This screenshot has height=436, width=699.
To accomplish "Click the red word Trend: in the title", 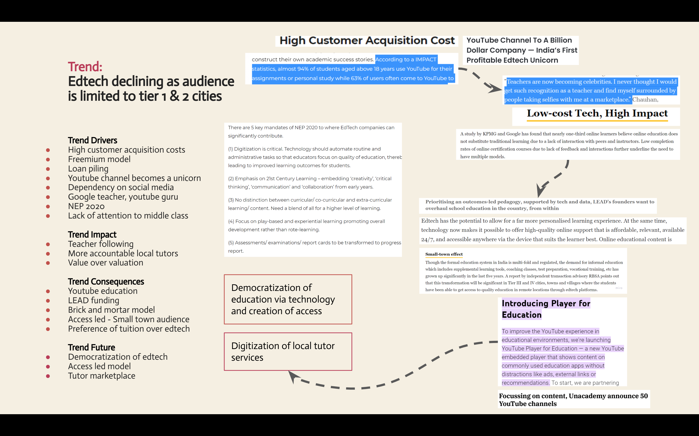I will click(85, 67).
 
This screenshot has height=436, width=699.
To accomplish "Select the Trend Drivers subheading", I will click(92, 140).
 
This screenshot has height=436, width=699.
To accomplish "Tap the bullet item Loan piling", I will click(88, 169).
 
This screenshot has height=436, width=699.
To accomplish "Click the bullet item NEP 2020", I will click(86, 206).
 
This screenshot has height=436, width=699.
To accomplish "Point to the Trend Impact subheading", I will click(92, 234).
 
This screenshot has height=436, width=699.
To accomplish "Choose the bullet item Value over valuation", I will click(105, 263).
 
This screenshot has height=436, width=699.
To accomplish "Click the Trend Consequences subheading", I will click(106, 281).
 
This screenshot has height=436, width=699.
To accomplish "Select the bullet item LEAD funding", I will click(94, 300).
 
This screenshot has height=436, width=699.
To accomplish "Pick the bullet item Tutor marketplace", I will click(101, 376).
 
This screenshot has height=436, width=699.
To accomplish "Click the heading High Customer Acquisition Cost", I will click(367, 41).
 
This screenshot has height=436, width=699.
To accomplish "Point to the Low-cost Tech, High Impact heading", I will click(597, 114).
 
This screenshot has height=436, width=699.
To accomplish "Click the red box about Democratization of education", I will click(288, 299).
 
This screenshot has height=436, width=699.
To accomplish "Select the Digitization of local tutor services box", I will click(288, 351).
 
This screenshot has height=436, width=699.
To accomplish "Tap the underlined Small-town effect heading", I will click(444, 254).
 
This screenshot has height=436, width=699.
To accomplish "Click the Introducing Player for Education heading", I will click(546, 309).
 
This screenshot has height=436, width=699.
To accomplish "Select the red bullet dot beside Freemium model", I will click(48, 159).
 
